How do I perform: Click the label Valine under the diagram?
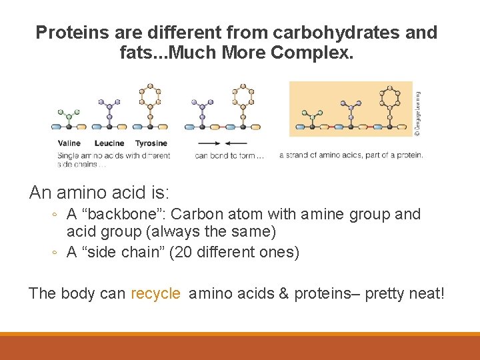point(69,143)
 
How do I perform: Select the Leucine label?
point(109,143)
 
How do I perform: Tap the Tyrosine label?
point(151,143)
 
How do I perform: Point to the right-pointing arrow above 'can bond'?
point(208,143)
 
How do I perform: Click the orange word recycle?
point(156,293)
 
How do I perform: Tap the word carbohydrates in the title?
point(309,32)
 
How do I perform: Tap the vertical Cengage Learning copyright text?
point(417,113)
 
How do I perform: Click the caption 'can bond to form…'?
point(229,156)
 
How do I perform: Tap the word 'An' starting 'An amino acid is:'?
point(41,193)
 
